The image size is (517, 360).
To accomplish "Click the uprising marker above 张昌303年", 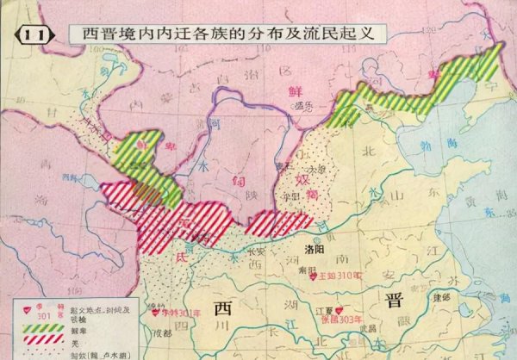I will (343, 309).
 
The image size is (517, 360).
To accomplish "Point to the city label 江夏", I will (325, 310).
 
